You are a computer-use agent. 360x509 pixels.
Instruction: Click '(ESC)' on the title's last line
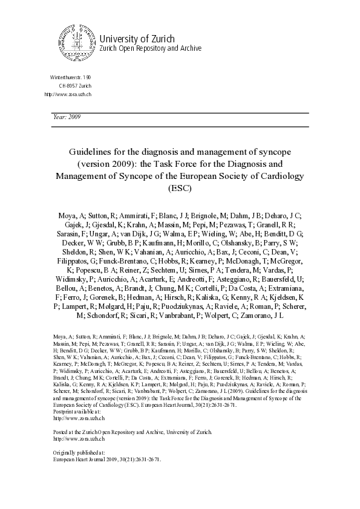[x=180, y=188]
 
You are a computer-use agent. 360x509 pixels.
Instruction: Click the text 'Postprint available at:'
[x=76, y=412]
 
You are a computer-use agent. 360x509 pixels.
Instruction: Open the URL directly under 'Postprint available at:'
[x=76, y=418]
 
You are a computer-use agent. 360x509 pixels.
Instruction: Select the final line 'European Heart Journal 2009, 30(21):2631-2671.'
[x=107, y=459]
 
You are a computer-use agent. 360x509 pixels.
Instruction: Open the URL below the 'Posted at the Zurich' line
[x=76, y=439]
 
